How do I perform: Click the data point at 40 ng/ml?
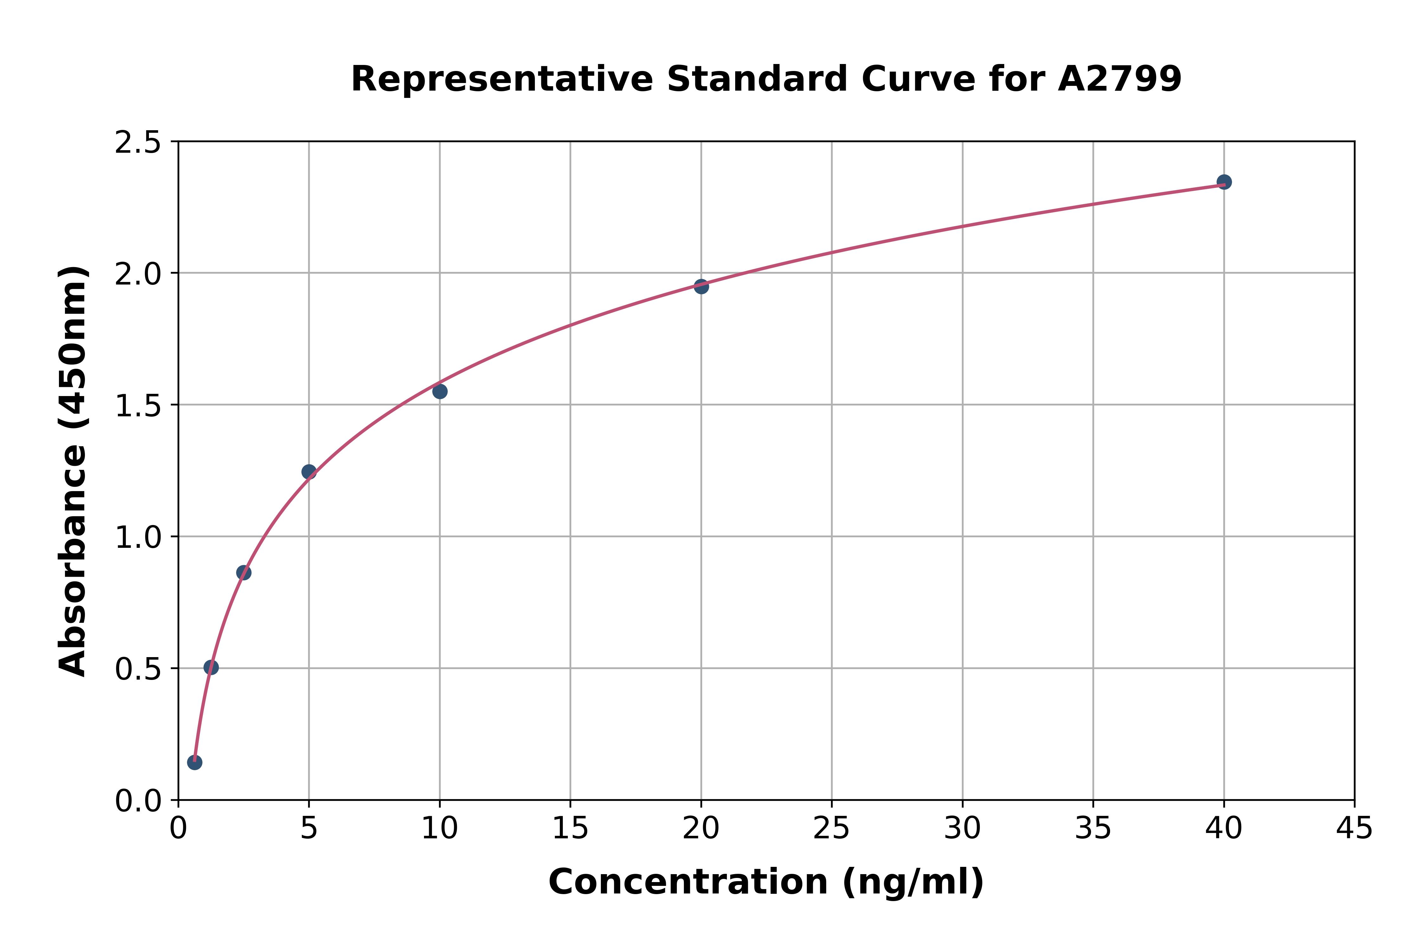pos(1224,182)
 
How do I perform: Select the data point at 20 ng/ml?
pos(701,286)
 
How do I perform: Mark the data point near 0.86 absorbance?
pos(244,573)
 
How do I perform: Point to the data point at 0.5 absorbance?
pos(211,667)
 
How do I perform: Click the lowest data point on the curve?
pos(195,762)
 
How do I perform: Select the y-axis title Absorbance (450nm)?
pos(73,471)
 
